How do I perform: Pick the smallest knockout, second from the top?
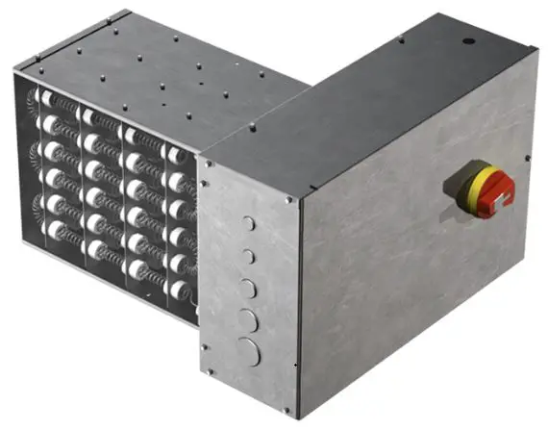[248, 256]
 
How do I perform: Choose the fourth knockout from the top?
[248, 318]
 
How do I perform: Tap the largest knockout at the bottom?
[249, 351]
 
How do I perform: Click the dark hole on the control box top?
[468, 41]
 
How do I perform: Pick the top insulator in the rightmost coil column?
[177, 154]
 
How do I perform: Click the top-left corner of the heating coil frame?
[16, 69]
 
